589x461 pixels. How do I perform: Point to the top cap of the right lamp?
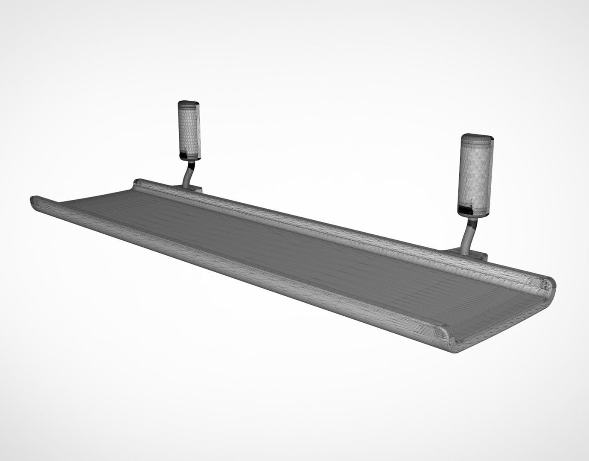pos(478,138)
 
